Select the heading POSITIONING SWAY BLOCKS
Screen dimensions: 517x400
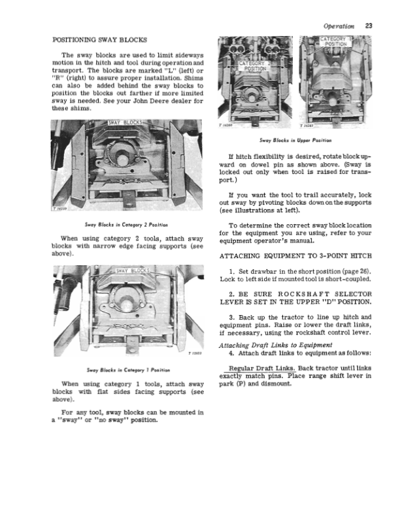click(x=99, y=41)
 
